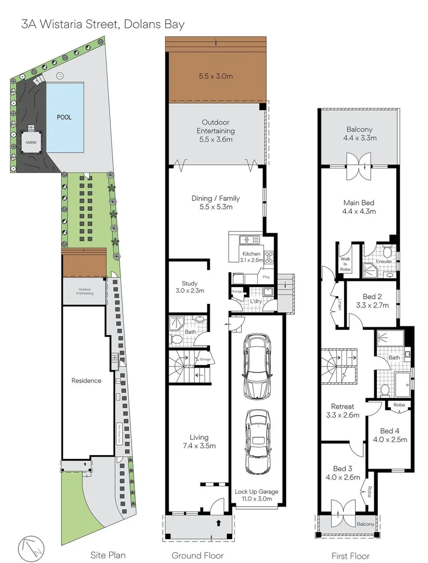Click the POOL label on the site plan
pyautogui.click(x=64, y=117)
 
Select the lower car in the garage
pyautogui.click(x=257, y=441)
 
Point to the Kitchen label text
pyautogui.click(x=248, y=254)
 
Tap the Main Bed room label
pyautogui.click(x=359, y=203)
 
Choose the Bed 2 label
pyautogui.click(x=372, y=297)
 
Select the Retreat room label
pyautogui.click(x=342, y=407)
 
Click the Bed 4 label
pyautogui.click(x=390, y=431)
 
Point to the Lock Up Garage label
pyautogui.click(x=256, y=492)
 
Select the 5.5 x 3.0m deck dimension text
pyautogui.click(x=216, y=76)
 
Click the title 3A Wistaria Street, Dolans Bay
pyautogui.click(x=103, y=24)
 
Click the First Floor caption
pyautogui.click(x=350, y=556)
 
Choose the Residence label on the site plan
pyautogui.click(x=86, y=381)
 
